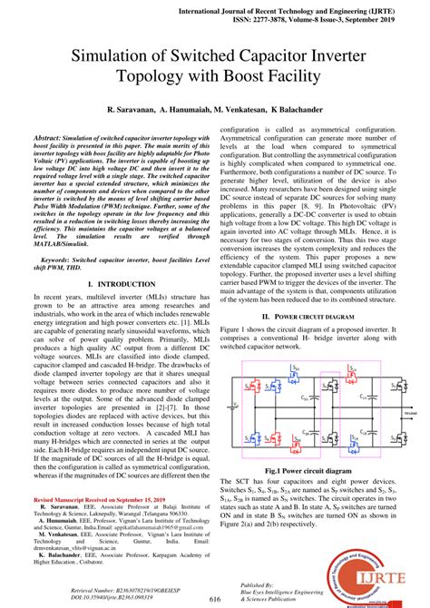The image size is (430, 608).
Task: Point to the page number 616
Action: [x=215, y=599]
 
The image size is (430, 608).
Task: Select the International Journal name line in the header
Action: [x=309, y=5]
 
